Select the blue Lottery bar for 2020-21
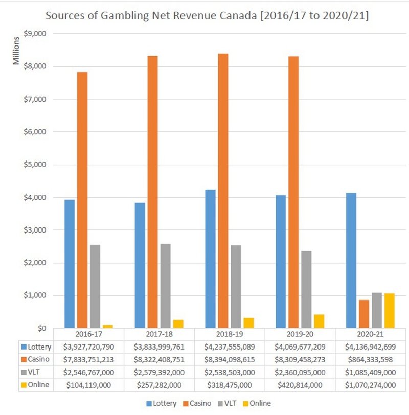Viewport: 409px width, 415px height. click(x=350, y=260)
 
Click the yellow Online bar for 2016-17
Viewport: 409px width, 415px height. click(x=107, y=326)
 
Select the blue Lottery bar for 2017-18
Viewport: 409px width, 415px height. click(x=140, y=265)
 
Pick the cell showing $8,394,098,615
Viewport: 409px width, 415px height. click(x=229, y=359)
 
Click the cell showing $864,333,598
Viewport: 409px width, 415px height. click(x=370, y=359)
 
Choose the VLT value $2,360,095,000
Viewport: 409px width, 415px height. click(x=300, y=372)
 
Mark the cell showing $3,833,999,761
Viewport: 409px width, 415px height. click(x=159, y=347)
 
